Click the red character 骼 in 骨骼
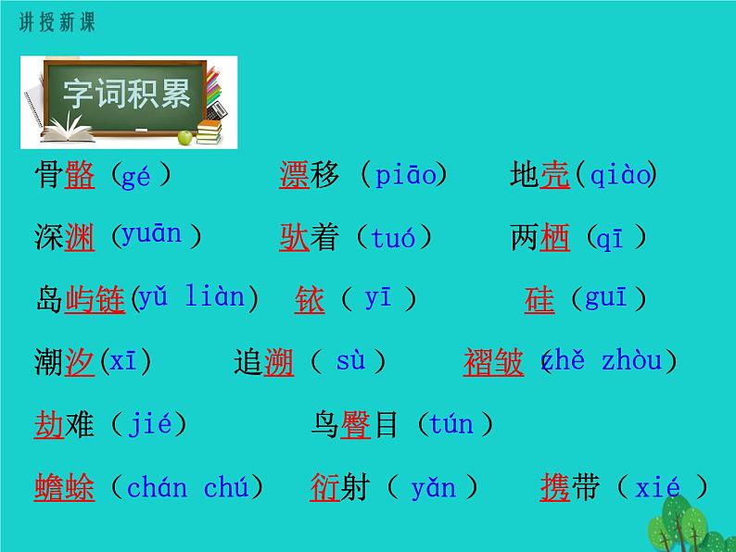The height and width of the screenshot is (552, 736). tap(80, 175)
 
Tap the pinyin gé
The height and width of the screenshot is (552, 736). tap(136, 176)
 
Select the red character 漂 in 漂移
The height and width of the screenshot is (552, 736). tap(295, 175)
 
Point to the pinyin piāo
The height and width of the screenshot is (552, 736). tap(405, 175)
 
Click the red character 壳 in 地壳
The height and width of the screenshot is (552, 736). tap(554, 175)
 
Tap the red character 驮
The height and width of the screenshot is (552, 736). tap(295, 238)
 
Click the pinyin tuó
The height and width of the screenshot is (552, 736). tap(393, 238)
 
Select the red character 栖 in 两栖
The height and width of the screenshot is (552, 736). tap(554, 238)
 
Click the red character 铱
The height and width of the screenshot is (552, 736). tap(310, 300)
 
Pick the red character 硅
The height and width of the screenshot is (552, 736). tap(539, 300)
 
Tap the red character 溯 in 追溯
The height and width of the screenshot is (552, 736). tap(279, 362)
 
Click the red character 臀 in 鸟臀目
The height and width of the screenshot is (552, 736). tap(356, 425)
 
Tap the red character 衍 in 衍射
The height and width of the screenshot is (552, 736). tap(325, 487)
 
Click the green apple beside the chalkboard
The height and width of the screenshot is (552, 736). tap(184, 137)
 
